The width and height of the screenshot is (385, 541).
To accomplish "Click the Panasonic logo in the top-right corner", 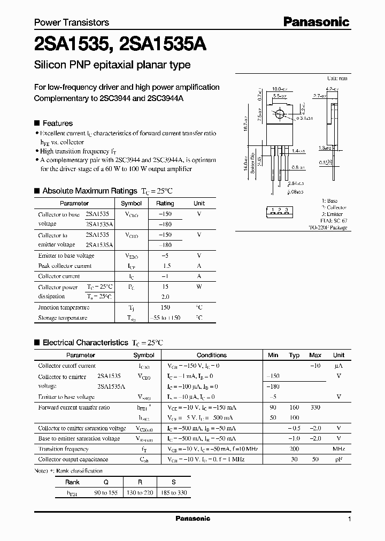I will (316, 21).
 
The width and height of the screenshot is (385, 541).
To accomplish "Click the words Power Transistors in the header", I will (72, 22).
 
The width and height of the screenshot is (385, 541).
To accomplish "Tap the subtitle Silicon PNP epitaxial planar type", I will (112, 65).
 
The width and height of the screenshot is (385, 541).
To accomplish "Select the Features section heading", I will (57, 122).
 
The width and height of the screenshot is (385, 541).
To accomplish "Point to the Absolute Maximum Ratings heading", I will (90, 190).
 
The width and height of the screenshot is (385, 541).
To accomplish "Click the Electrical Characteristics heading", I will (86, 342).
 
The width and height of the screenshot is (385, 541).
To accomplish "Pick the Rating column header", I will (165, 203).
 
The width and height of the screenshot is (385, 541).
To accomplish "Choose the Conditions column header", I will (212, 355).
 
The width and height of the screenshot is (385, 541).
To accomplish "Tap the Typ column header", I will (294, 355).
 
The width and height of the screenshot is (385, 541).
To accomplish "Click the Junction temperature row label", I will (64, 307).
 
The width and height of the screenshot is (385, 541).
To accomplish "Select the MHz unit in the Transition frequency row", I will (338, 449).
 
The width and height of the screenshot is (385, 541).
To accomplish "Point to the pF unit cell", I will (338, 459).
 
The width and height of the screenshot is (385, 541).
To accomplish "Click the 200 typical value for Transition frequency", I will (294, 449).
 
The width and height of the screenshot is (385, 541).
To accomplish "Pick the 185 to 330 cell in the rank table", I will (172, 492).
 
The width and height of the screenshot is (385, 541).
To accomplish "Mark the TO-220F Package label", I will (327, 227).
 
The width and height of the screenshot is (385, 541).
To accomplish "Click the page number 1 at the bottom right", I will (349, 519).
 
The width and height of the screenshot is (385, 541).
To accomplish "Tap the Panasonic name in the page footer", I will (193, 519).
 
